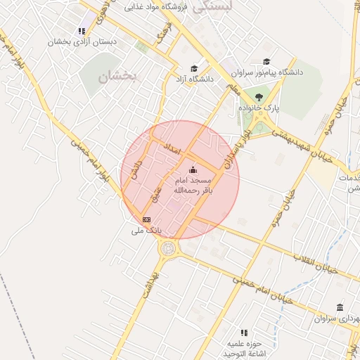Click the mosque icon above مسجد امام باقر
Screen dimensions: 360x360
[193, 169]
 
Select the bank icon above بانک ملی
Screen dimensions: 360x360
[146, 220]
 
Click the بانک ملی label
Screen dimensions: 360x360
[147, 230]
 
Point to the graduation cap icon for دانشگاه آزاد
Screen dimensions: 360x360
[194, 69]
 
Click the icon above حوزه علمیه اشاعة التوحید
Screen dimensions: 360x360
[244, 332]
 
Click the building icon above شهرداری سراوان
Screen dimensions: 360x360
[340, 308]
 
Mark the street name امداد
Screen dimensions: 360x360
[172, 149]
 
